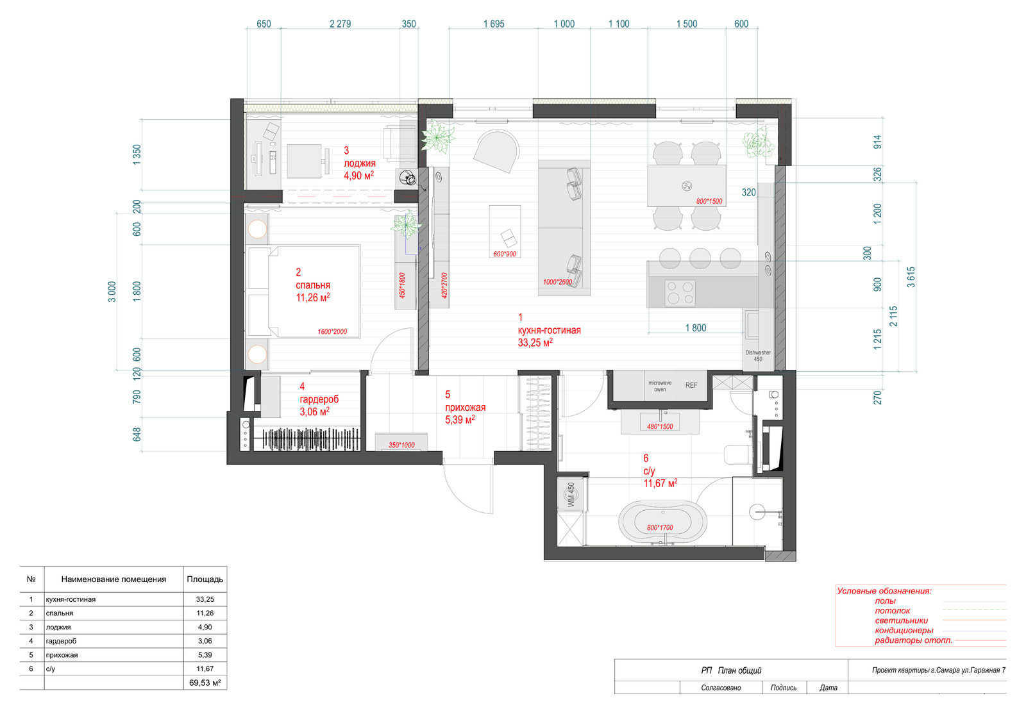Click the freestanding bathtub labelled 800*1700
click(x=662, y=522)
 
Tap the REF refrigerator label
click(x=691, y=385)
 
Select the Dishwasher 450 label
click(x=758, y=356)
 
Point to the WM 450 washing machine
click(x=571, y=495)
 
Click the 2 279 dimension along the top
click(x=341, y=24)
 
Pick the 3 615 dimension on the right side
click(x=911, y=277)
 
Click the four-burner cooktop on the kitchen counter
click(x=680, y=293)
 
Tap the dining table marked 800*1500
click(x=687, y=186)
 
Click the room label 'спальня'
click(x=313, y=285)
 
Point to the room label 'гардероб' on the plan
click(x=319, y=399)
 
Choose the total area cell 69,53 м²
click(x=205, y=683)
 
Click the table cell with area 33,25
click(x=205, y=599)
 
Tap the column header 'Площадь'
click(x=205, y=579)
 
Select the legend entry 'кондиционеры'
click(x=904, y=630)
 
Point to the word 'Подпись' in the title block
click(x=783, y=688)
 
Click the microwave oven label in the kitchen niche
click(x=660, y=386)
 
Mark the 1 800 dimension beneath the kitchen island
click(x=696, y=328)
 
